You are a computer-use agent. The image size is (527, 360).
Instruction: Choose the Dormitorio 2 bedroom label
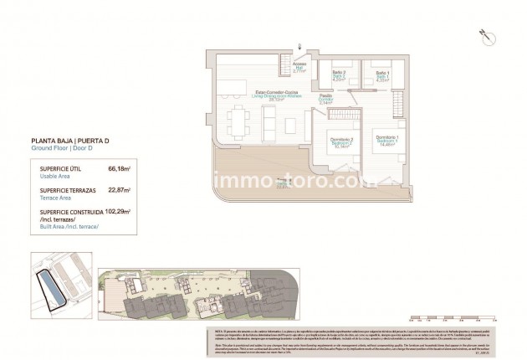pos(340,141)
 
